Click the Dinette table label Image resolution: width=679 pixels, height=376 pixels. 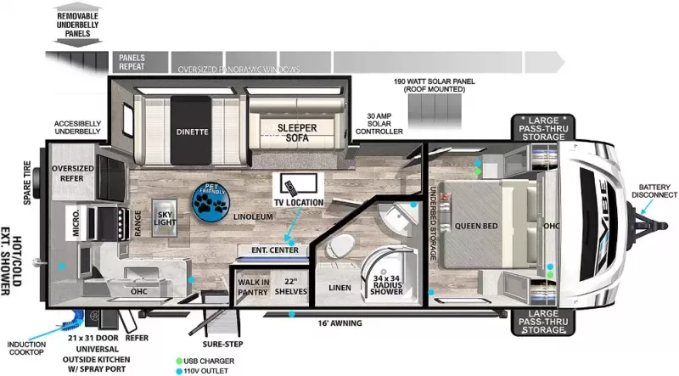pos(193,132)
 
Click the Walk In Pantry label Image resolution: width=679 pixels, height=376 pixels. pos(254,287)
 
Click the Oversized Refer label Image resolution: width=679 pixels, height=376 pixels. pos(72,173)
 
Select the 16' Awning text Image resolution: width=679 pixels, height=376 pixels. pos(339,323)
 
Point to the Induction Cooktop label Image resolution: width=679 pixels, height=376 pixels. pos(27,349)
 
